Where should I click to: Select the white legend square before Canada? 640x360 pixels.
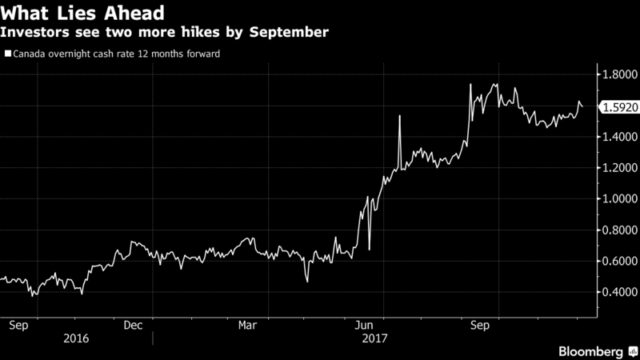(8, 54)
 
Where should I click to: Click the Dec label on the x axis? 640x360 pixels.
(133, 326)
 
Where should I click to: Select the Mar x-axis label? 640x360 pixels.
(248, 326)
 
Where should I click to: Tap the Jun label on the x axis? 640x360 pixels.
(364, 326)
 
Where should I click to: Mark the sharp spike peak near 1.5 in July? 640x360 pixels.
(398, 116)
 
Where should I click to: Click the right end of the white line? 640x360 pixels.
(582, 106)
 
